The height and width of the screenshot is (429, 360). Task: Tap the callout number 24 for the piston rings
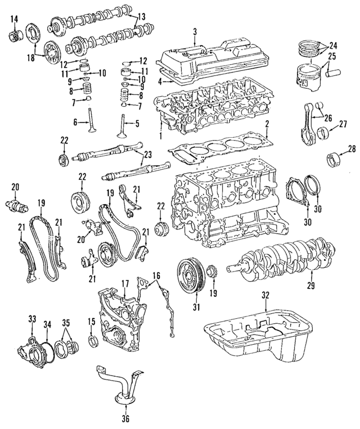click(333, 44)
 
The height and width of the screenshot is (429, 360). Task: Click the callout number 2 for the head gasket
click(268, 123)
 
